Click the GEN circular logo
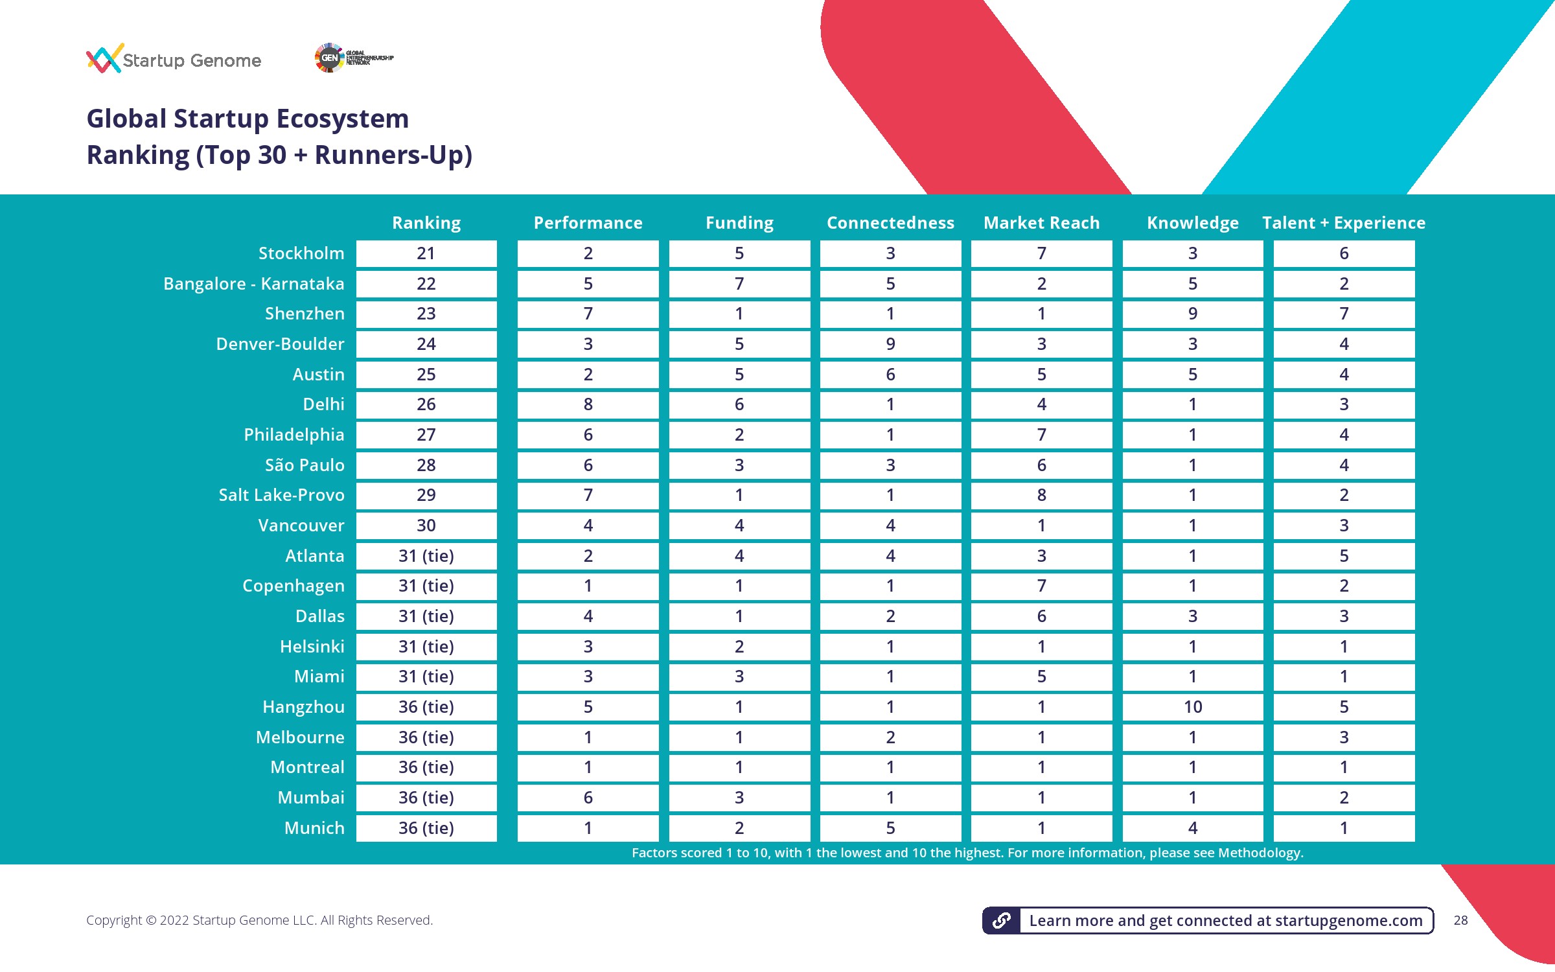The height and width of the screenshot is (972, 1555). coord(329,58)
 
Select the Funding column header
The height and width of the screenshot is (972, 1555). coord(739,223)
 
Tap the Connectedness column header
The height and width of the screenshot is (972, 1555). coord(890,223)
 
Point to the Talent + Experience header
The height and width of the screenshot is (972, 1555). coord(1344,223)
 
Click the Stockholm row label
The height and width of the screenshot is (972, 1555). coord(301,253)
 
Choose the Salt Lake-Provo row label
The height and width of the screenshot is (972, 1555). coord(281,495)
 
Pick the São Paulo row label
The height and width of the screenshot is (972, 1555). coord(305,465)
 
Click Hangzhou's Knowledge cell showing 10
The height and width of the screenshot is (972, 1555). coord(1193,707)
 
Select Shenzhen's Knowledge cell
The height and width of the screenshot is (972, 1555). coord(1193,314)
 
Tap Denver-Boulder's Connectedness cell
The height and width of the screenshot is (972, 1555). coord(890,344)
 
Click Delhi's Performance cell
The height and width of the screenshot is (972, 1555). coord(588,404)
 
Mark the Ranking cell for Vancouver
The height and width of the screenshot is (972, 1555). coord(426,526)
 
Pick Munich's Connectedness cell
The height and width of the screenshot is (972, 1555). coord(890,828)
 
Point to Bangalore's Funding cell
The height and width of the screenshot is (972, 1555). coord(739,284)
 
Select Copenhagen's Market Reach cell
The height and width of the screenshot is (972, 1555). coord(1041,586)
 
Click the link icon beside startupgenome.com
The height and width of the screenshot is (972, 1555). coord(1002,920)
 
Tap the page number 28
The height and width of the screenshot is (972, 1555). coord(1460,920)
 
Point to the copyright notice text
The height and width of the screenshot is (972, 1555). coord(259,920)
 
